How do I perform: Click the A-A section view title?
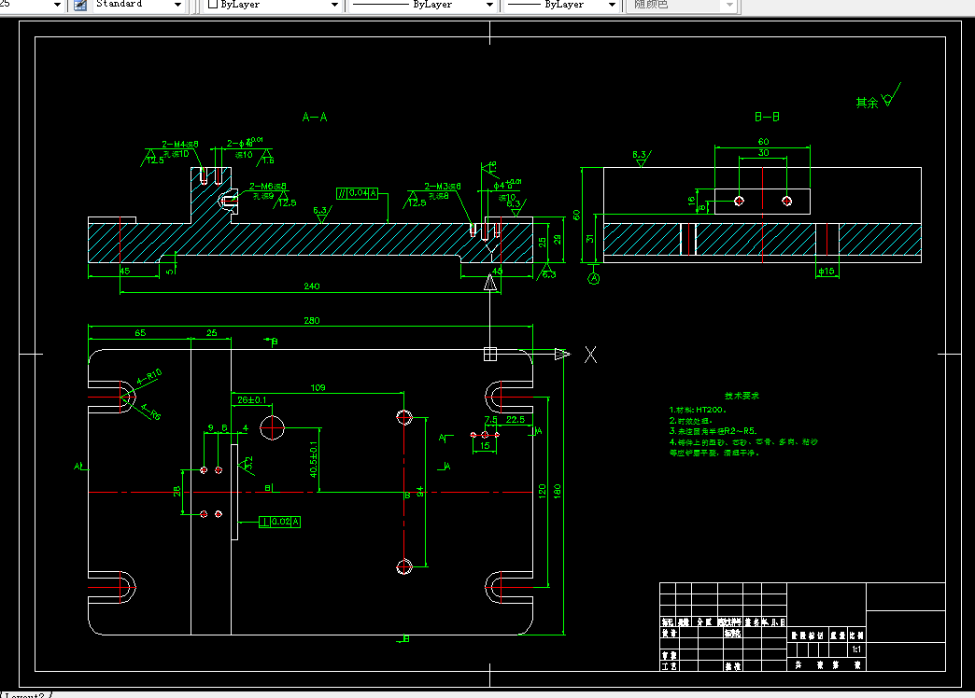[315, 118]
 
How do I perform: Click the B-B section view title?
[767, 118]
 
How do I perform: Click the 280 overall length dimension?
[311, 321]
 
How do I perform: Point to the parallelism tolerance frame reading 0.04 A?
[359, 193]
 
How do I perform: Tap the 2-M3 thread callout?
[443, 187]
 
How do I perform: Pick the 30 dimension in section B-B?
[763, 152]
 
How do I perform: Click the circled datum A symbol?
[593, 277]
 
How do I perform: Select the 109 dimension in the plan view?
[318, 386]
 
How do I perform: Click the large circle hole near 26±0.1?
[273, 427]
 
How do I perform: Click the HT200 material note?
[699, 410]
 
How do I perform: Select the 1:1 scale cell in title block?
[855, 649]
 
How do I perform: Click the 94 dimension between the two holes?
[420, 491]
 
